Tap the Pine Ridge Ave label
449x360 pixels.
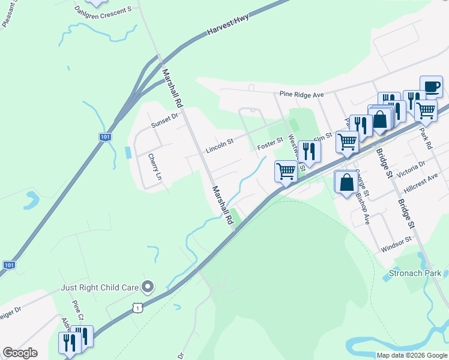coord(302,94)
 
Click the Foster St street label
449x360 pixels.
coord(270,145)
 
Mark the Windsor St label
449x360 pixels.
coord(396,244)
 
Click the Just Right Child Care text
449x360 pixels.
coord(100,287)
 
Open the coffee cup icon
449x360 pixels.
coord(431,87)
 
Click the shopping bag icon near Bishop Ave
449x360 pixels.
coord(346,182)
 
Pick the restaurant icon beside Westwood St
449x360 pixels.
coord(309,151)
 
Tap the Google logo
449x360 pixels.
coord(20,353)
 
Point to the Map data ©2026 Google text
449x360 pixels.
coord(412,355)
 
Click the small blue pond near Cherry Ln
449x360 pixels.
coord(128,152)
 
